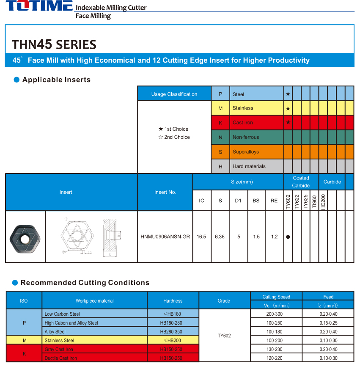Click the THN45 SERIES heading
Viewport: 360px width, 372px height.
coord(54,44)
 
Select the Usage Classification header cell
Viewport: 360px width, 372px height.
coord(174,94)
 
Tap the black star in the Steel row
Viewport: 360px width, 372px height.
coord(288,94)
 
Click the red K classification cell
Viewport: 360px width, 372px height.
coord(220,123)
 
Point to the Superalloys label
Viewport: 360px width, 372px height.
coord(245,152)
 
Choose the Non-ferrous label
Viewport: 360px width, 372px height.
coord(245,137)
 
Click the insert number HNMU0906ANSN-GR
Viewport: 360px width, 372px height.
coord(165,237)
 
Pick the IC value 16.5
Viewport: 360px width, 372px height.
coord(201,237)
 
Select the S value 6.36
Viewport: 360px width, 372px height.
coord(220,237)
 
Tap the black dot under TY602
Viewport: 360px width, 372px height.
coord(288,237)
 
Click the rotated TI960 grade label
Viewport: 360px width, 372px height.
coord(314,201)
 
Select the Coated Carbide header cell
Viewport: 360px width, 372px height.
coord(301,182)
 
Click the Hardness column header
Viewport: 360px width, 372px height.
coord(173,301)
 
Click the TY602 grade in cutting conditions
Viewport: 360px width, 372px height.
coord(224,336)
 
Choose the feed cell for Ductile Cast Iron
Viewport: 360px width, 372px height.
coord(328,358)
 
